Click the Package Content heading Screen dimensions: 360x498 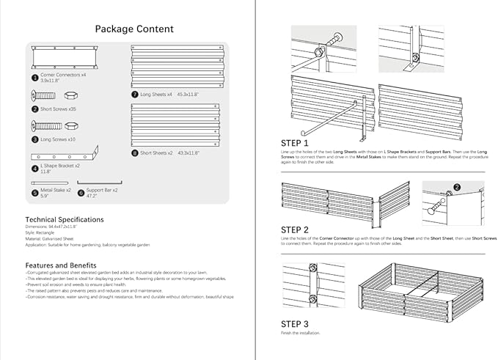pyautogui.click(x=134, y=29)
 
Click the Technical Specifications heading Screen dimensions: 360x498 pyautogui.click(x=65, y=219)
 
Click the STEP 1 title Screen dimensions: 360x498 pyautogui.click(x=295, y=143)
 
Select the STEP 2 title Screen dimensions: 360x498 pyautogui.click(x=295, y=229)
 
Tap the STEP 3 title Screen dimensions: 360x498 pyautogui.click(x=295, y=323)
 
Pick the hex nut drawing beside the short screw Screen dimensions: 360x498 pyautogui.click(x=70, y=95)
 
